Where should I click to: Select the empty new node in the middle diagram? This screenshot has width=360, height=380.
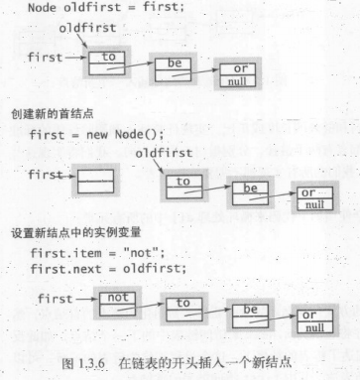[96, 180]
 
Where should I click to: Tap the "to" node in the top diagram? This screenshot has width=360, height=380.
[108, 62]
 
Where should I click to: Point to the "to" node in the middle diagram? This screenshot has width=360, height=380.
[183, 186]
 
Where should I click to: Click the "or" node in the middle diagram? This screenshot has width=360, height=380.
[313, 196]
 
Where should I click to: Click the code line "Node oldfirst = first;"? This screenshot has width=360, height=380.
[95, 9]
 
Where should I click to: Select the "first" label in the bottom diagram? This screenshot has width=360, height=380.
[56, 296]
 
